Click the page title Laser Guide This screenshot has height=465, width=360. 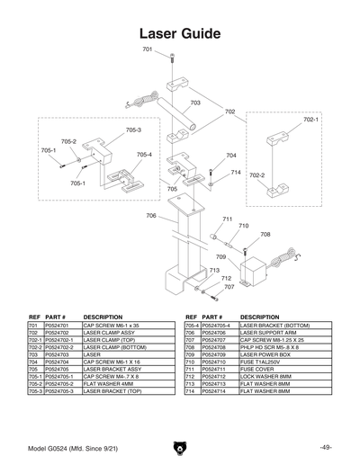pyautogui.click(x=180, y=34)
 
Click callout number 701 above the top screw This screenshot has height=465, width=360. pyautogui.click(x=148, y=49)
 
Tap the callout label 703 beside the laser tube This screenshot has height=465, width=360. pyautogui.click(x=195, y=103)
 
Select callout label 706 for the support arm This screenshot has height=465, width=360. pyautogui.click(x=151, y=216)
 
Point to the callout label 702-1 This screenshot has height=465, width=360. pyautogui.click(x=310, y=119)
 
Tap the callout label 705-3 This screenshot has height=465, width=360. pyautogui.click(x=133, y=130)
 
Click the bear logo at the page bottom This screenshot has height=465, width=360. pyautogui.click(x=180, y=446)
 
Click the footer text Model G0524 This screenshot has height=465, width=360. pyautogui.click(x=52, y=447)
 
